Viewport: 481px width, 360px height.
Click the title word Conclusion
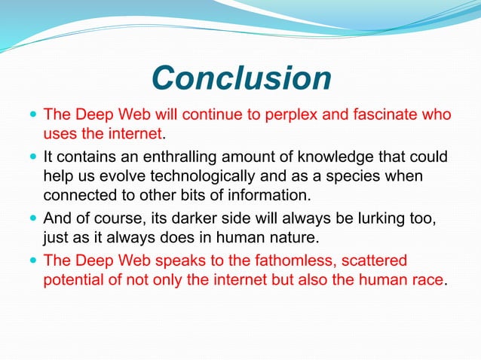(x=240, y=78)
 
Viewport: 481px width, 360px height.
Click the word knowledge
(x=342, y=157)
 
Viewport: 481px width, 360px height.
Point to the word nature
(x=290, y=239)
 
